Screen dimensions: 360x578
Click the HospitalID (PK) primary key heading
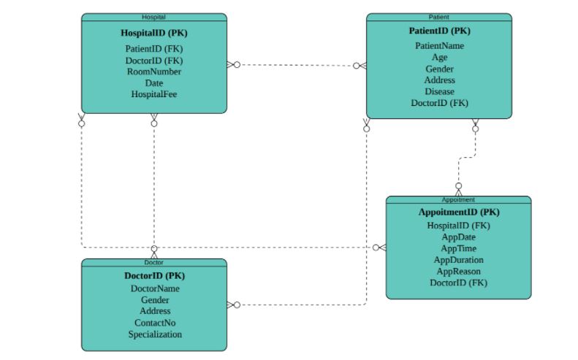[x=154, y=33]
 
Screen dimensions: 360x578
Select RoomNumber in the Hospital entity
[x=154, y=72]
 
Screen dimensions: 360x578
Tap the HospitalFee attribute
[x=154, y=94]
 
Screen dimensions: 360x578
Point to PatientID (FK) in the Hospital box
[x=154, y=49]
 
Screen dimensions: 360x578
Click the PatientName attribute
[x=439, y=46]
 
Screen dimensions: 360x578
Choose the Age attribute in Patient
[x=439, y=57]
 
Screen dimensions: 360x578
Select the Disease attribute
[x=439, y=92]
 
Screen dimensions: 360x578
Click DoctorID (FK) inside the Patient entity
[x=439, y=103]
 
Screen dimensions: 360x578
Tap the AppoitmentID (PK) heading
[x=459, y=212]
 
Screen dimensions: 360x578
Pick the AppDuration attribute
[x=459, y=260]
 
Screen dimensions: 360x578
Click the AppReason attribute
[x=459, y=271]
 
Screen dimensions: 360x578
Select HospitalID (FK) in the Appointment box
[x=459, y=226]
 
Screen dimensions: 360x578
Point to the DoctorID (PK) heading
[x=154, y=276]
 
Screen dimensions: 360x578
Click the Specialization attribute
[x=154, y=334]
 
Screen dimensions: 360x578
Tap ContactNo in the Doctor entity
[x=154, y=323]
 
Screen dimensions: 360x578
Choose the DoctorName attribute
[x=154, y=288]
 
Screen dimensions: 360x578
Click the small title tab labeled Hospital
[x=153, y=17]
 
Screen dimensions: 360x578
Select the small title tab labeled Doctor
[x=153, y=262]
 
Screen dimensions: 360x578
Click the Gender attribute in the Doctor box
[x=154, y=300]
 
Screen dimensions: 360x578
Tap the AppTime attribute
[x=459, y=248]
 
